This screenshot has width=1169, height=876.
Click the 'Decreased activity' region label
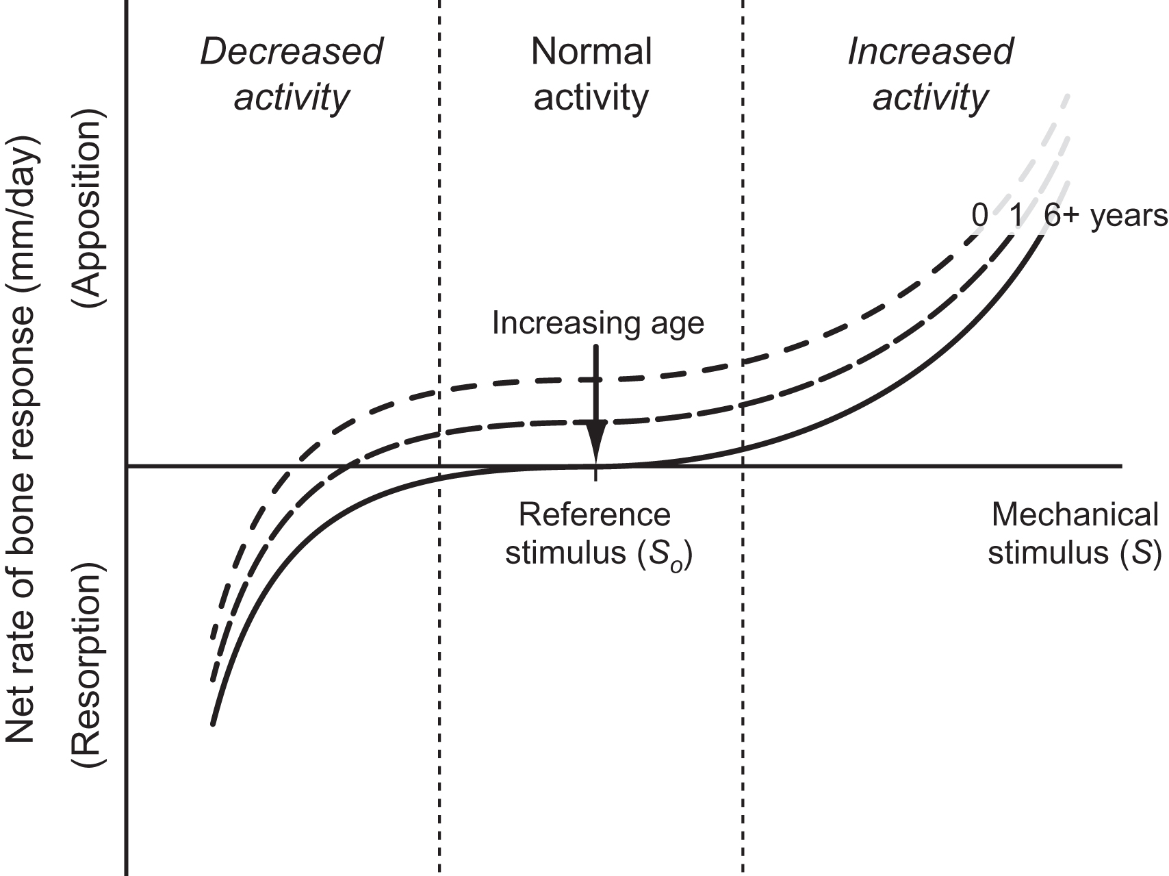click(292, 74)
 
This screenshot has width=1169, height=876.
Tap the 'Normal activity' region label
click(591, 74)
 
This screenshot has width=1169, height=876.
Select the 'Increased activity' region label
click(930, 74)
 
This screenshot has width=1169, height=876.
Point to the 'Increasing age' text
click(598, 323)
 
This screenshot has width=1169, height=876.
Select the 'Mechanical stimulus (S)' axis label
click(1075, 534)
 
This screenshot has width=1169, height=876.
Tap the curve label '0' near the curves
click(980, 216)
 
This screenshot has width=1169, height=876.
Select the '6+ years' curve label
click(1105, 216)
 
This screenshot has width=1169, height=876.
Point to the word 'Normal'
click(591, 52)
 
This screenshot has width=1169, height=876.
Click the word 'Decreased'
click(292, 52)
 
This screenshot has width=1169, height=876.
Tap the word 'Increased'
click(930, 52)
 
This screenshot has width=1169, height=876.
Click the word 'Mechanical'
click(1075, 515)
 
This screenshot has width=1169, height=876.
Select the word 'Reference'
click(595, 515)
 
